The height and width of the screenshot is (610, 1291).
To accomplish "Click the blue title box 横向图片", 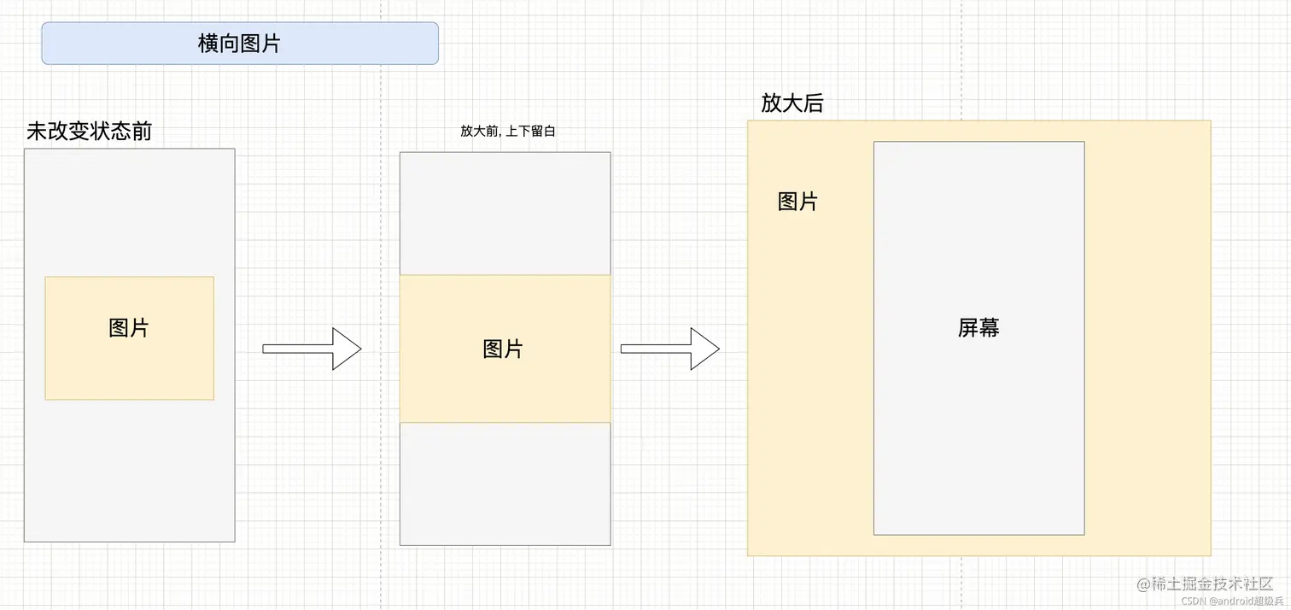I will click(240, 44).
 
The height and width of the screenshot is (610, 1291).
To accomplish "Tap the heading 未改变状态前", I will click(89, 132).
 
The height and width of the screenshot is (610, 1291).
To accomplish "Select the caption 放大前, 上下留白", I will click(508, 131).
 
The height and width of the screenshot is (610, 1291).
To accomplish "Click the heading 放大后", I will click(792, 103).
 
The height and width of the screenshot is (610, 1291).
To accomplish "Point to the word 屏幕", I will click(978, 327).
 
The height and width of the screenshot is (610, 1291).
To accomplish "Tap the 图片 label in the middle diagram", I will click(503, 349).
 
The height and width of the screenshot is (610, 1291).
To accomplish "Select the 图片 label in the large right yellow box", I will click(797, 202).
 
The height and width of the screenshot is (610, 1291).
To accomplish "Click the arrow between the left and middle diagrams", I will click(312, 349).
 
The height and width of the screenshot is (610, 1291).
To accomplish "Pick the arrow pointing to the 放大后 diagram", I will click(670, 349).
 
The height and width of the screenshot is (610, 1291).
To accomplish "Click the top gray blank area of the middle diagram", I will click(505, 214).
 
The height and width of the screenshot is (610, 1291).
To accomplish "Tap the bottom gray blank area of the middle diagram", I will click(505, 484).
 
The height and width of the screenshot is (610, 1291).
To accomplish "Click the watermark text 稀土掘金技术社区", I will click(1212, 584).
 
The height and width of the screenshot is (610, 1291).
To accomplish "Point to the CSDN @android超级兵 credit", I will click(1227, 601).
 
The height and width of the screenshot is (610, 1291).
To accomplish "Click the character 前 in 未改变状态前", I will click(141, 132).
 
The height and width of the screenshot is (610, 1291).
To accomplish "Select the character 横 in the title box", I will click(208, 44).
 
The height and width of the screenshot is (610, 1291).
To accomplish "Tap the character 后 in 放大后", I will click(813, 103).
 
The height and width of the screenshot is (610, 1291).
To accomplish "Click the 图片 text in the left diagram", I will click(129, 327).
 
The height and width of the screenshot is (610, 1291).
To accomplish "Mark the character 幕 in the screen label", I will click(989, 327).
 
